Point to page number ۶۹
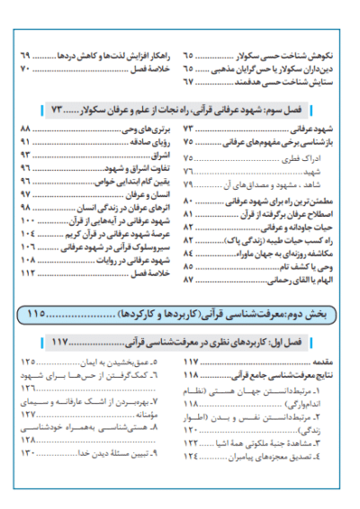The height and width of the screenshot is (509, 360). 25,56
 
